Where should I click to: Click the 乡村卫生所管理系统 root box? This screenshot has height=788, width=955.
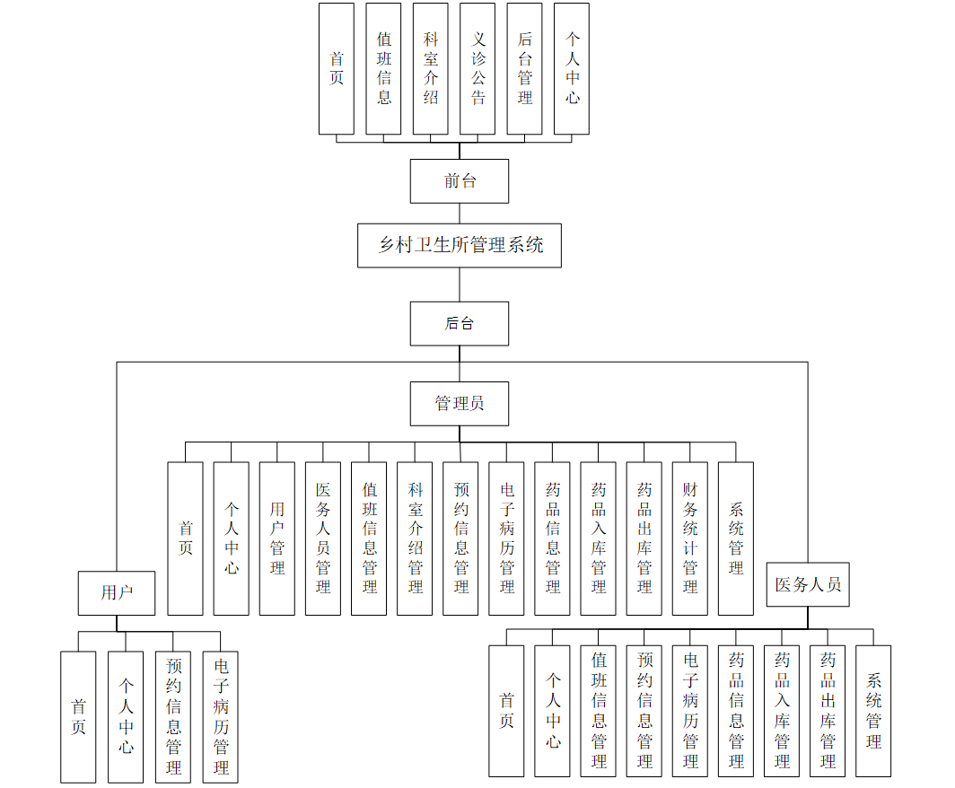pyautogui.click(x=460, y=245)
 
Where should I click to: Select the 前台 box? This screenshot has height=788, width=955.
pyautogui.click(x=460, y=181)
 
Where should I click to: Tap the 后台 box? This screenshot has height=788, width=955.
pyautogui.click(x=460, y=324)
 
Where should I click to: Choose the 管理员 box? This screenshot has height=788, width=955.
pyautogui.click(x=460, y=404)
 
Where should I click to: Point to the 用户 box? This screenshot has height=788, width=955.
pyautogui.click(x=117, y=592)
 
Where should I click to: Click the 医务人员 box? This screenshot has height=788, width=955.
pyautogui.click(x=808, y=584)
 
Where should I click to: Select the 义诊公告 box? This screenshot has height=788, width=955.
pyautogui.click(x=478, y=68)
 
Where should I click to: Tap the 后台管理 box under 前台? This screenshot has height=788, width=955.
pyautogui.click(x=524, y=68)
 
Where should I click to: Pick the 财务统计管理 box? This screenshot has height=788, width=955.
pyautogui.click(x=690, y=538)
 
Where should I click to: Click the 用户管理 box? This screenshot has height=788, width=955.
pyautogui.click(x=277, y=538)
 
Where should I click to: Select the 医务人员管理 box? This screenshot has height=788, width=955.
pyautogui.click(x=323, y=538)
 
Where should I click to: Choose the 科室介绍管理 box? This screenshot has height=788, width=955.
pyautogui.click(x=415, y=538)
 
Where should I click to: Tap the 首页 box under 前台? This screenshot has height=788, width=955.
pyautogui.click(x=337, y=68)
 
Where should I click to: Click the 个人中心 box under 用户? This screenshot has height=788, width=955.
pyautogui.click(x=126, y=716)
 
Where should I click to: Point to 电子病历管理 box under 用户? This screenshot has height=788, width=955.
pyautogui.click(x=221, y=716)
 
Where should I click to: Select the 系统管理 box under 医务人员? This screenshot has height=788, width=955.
pyautogui.click(x=873, y=711)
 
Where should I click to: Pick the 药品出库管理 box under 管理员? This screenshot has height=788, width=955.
pyautogui.click(x=644, y=538)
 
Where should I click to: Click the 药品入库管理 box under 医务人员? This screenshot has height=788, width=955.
pyautogui.click(x=782, y=711)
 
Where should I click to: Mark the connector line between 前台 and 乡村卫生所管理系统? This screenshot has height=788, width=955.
pyautogui.click(x=460, y=214)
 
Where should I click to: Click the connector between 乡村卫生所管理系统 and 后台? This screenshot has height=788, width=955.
pyautogui.click(x=460, y=285)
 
